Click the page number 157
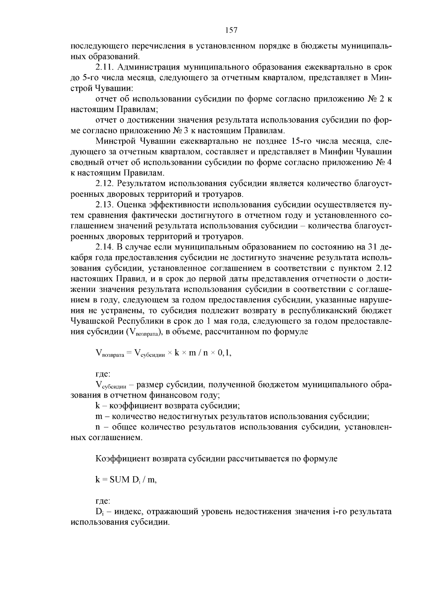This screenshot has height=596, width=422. (x=231, y=30)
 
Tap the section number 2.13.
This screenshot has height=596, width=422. (x=105, y=204)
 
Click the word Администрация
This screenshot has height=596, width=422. (x=145, y=67)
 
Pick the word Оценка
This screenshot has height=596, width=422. (x=131, y=204)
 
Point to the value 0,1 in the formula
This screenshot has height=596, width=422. (x=224, y=353)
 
